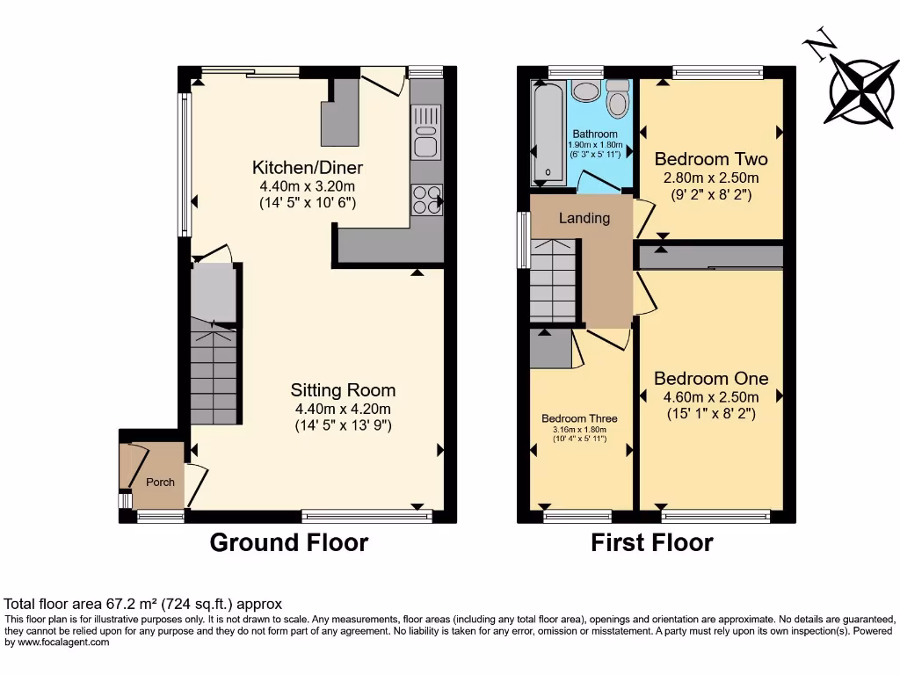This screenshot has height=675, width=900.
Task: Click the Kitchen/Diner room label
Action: point(307,167)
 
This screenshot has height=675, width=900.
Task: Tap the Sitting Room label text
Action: point(345,390)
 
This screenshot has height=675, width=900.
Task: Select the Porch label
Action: point(160,482)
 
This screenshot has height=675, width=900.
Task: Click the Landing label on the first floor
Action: point(584,218)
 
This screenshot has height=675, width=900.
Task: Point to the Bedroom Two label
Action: point(710,159)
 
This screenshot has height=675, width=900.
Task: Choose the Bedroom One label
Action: point(710,379)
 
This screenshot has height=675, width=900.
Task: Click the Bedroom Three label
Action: point(579,418)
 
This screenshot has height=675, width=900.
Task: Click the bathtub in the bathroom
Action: point(548,132)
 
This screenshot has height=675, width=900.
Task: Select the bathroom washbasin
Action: point(584,91)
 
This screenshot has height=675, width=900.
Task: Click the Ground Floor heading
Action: point(288,542)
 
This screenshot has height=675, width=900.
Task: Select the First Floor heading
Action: point(651,542)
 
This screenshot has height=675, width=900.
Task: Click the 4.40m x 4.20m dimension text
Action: point(344,409)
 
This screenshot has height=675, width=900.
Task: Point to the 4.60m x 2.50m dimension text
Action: point(710,397)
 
